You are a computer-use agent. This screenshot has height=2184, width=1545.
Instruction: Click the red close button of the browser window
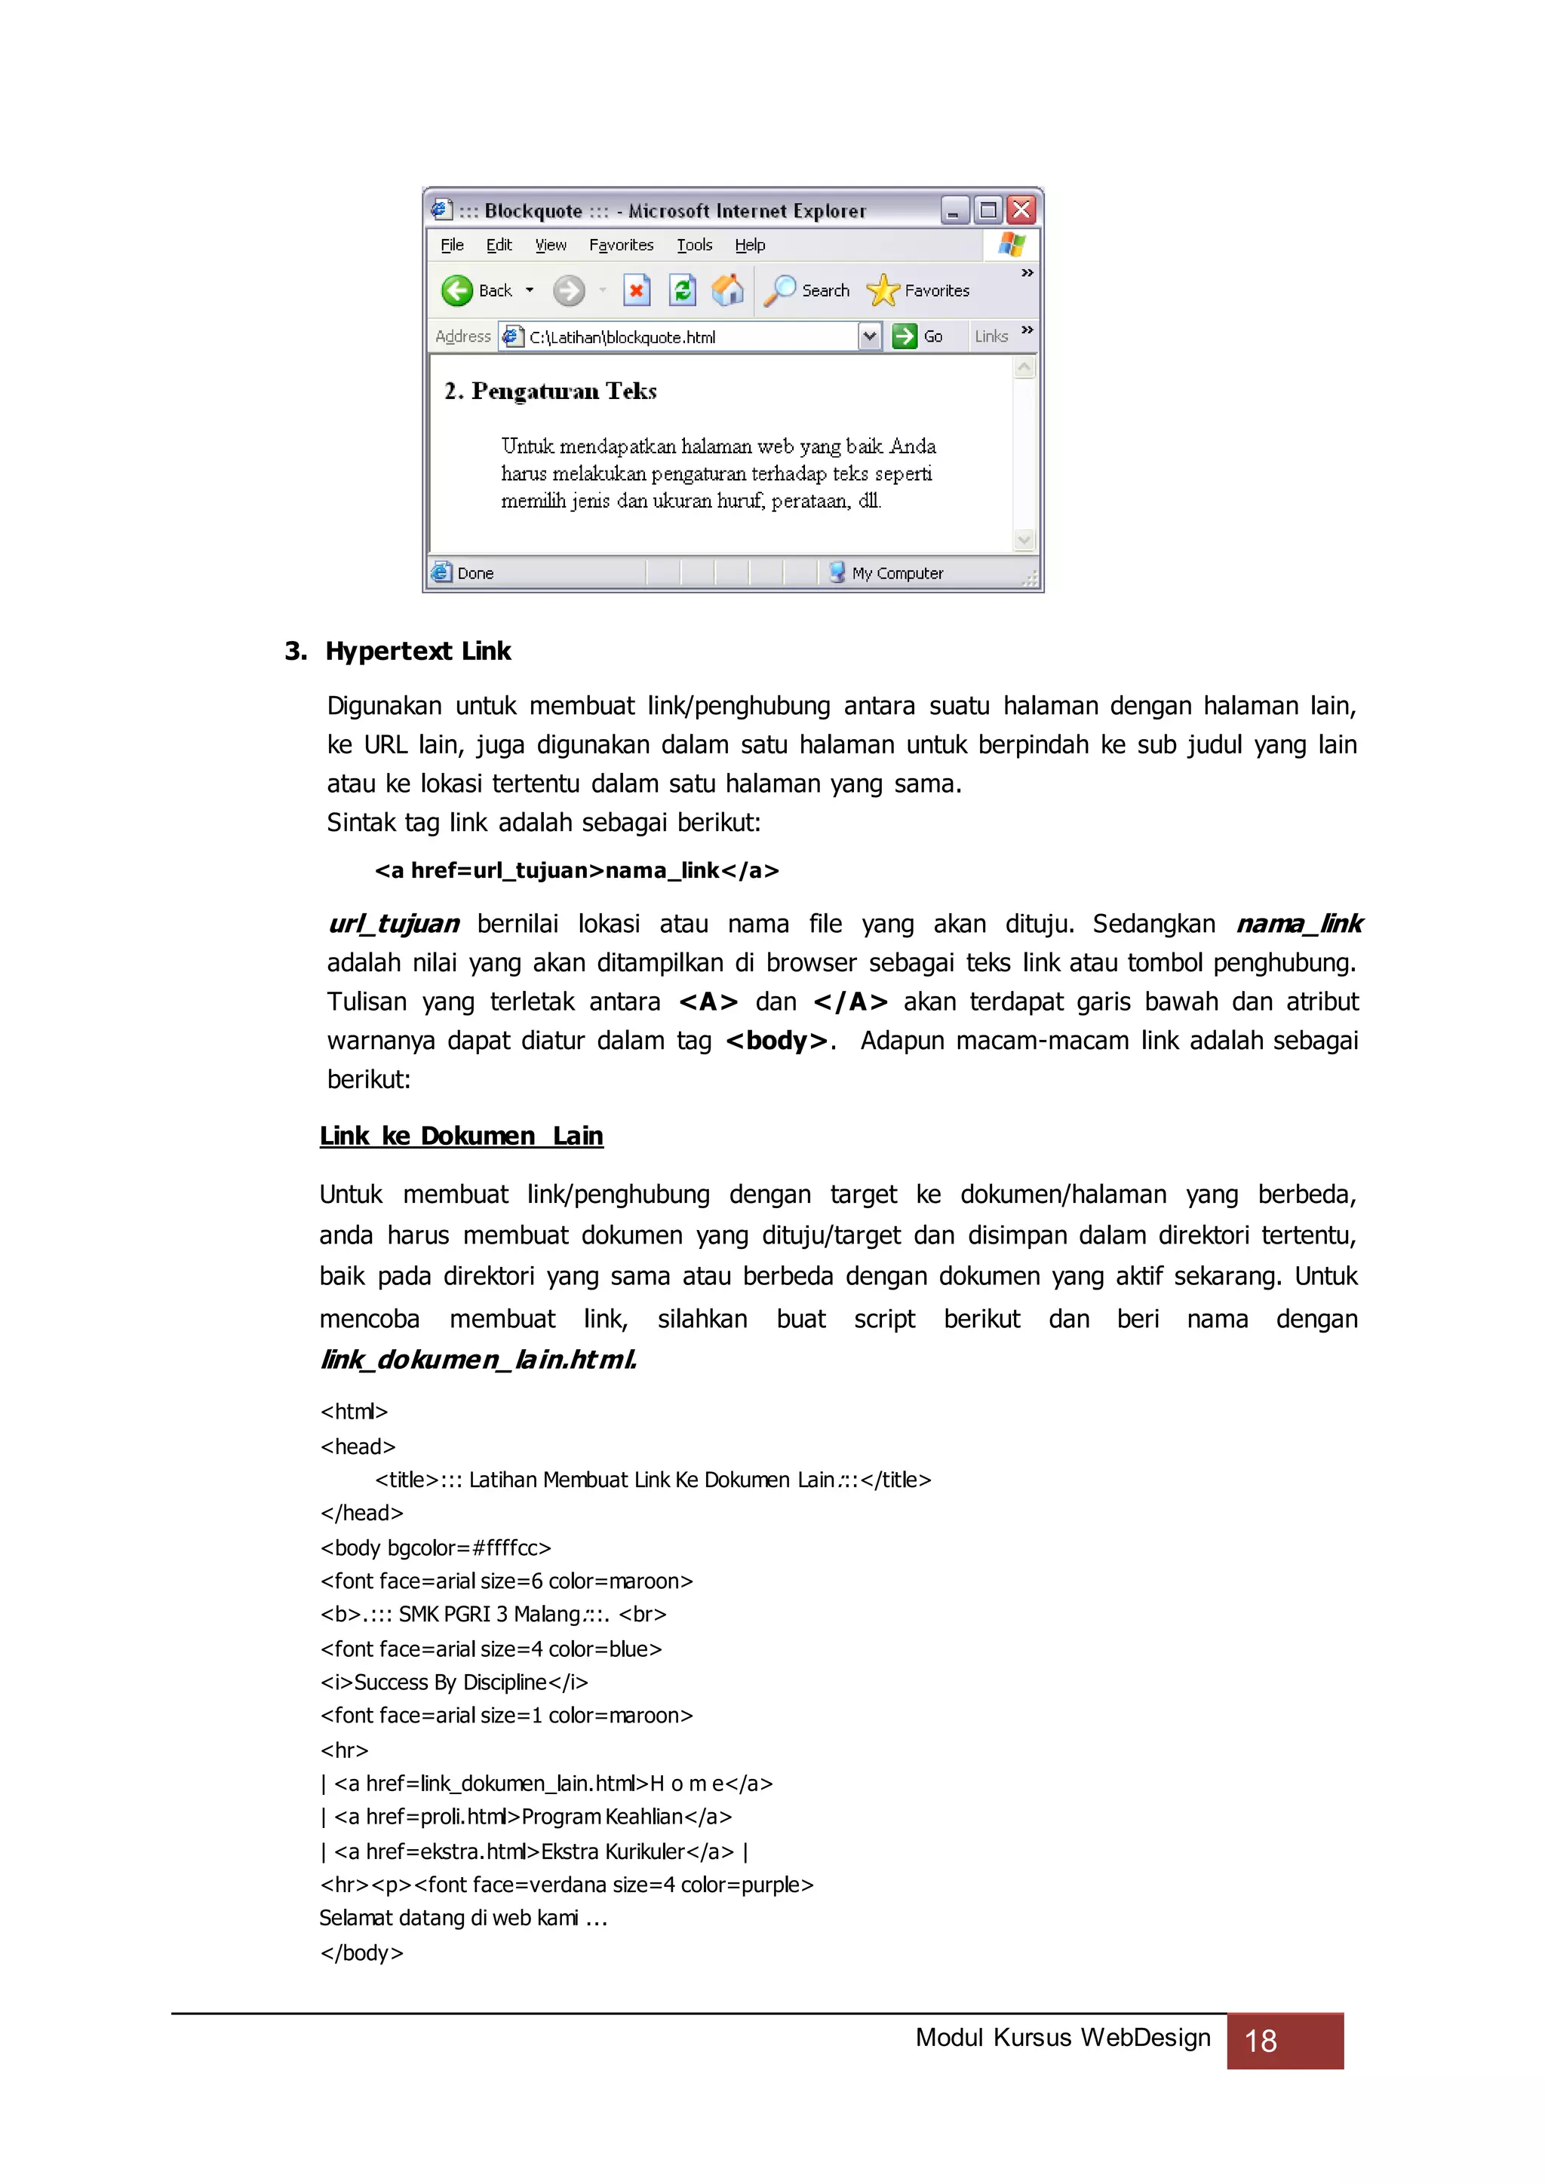pyautogui.click(x=1021, y=210)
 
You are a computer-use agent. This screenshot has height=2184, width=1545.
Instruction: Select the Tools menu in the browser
pyautogui.click(x=695, y=245)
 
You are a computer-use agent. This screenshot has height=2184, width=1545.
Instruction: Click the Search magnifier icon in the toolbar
pyautogui.click(x=779, y=290)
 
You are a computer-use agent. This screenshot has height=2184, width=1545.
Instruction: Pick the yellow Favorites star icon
pyautogui.click(x=882, y=290)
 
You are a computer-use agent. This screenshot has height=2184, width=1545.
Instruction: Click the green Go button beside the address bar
pyautogui.click(x=905, y=336)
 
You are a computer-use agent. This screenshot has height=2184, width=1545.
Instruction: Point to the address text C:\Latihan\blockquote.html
pyautogui.click(x=622, y=337)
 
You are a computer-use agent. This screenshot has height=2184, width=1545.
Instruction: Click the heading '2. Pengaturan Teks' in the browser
pyautogui.click(x=551, y=391)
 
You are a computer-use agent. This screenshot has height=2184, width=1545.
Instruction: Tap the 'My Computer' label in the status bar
pyautogui.click(x=897, y=572)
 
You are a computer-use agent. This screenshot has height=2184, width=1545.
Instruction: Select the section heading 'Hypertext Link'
pyautogui.click(x=418, y=651)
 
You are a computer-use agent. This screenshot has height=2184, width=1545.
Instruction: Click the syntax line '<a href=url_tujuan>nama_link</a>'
pyautogui.click(x=576, y=870)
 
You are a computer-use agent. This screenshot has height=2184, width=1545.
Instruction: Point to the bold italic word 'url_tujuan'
pyautogui.click(x=394, y=924)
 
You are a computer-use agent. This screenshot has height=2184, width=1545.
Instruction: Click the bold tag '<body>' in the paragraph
pyautogui.click(x=776, y=1041)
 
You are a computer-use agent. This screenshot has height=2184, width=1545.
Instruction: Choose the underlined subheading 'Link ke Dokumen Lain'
pyautogui.click(x=462, y=1136)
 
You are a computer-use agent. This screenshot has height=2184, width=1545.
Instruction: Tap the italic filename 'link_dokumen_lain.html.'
pyautogui.click(x=478, y=1359)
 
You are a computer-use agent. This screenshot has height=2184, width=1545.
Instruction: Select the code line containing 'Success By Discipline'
pyautogui.click(x=454, y=1682)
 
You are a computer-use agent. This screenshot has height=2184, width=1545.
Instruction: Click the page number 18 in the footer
pyautogui.click(x=1261, y=2041)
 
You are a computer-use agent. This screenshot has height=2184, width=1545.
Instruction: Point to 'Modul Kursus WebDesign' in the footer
pyautogui.click(x=1063, y=2038)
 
